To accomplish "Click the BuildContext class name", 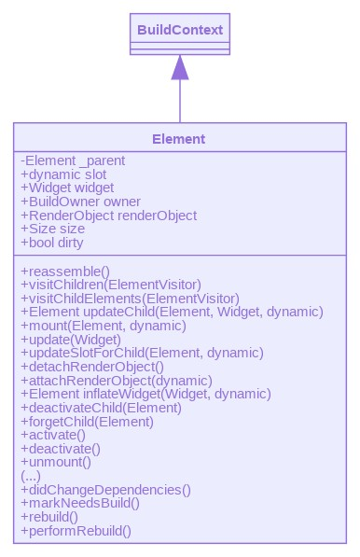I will click(x=179, y=30).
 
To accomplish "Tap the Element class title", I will click(x=179, y=139).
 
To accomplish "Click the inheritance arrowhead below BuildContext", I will click(x=180, y=67).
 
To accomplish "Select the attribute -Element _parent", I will click(x=73, y=161).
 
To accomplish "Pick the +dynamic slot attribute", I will click(x=63, y=174).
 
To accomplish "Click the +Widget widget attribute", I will click(x=67, y=188).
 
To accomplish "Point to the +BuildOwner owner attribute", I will click(x=80, y=202).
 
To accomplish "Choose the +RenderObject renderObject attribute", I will click(x=108, y=216).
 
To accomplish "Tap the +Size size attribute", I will click(x=52, y=229).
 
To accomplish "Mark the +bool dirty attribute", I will click(x=52, y=243).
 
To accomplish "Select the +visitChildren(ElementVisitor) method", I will click(x=110, y=284).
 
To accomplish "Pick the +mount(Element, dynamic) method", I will click(x=104, y=326).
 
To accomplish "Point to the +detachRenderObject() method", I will click(x=94, y=367).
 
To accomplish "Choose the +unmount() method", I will click(x=56, y=462).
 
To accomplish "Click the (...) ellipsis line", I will click(x=30, y=475).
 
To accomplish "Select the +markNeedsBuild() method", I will click(x=80, y=503).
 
